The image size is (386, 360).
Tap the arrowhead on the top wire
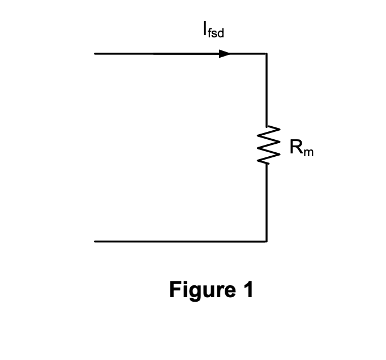point(225,54)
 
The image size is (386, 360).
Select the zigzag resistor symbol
point(266,145)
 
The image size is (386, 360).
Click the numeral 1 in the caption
point(247,290)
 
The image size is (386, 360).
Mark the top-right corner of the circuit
point(266,54)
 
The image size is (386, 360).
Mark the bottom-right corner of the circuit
point(266,241)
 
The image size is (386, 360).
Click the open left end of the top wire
point(95,54)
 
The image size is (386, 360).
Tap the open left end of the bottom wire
point(95,241)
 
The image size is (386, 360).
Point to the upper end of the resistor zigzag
point(266,126)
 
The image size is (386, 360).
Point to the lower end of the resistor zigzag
point(266,164)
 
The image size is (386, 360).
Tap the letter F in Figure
point(175,290)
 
